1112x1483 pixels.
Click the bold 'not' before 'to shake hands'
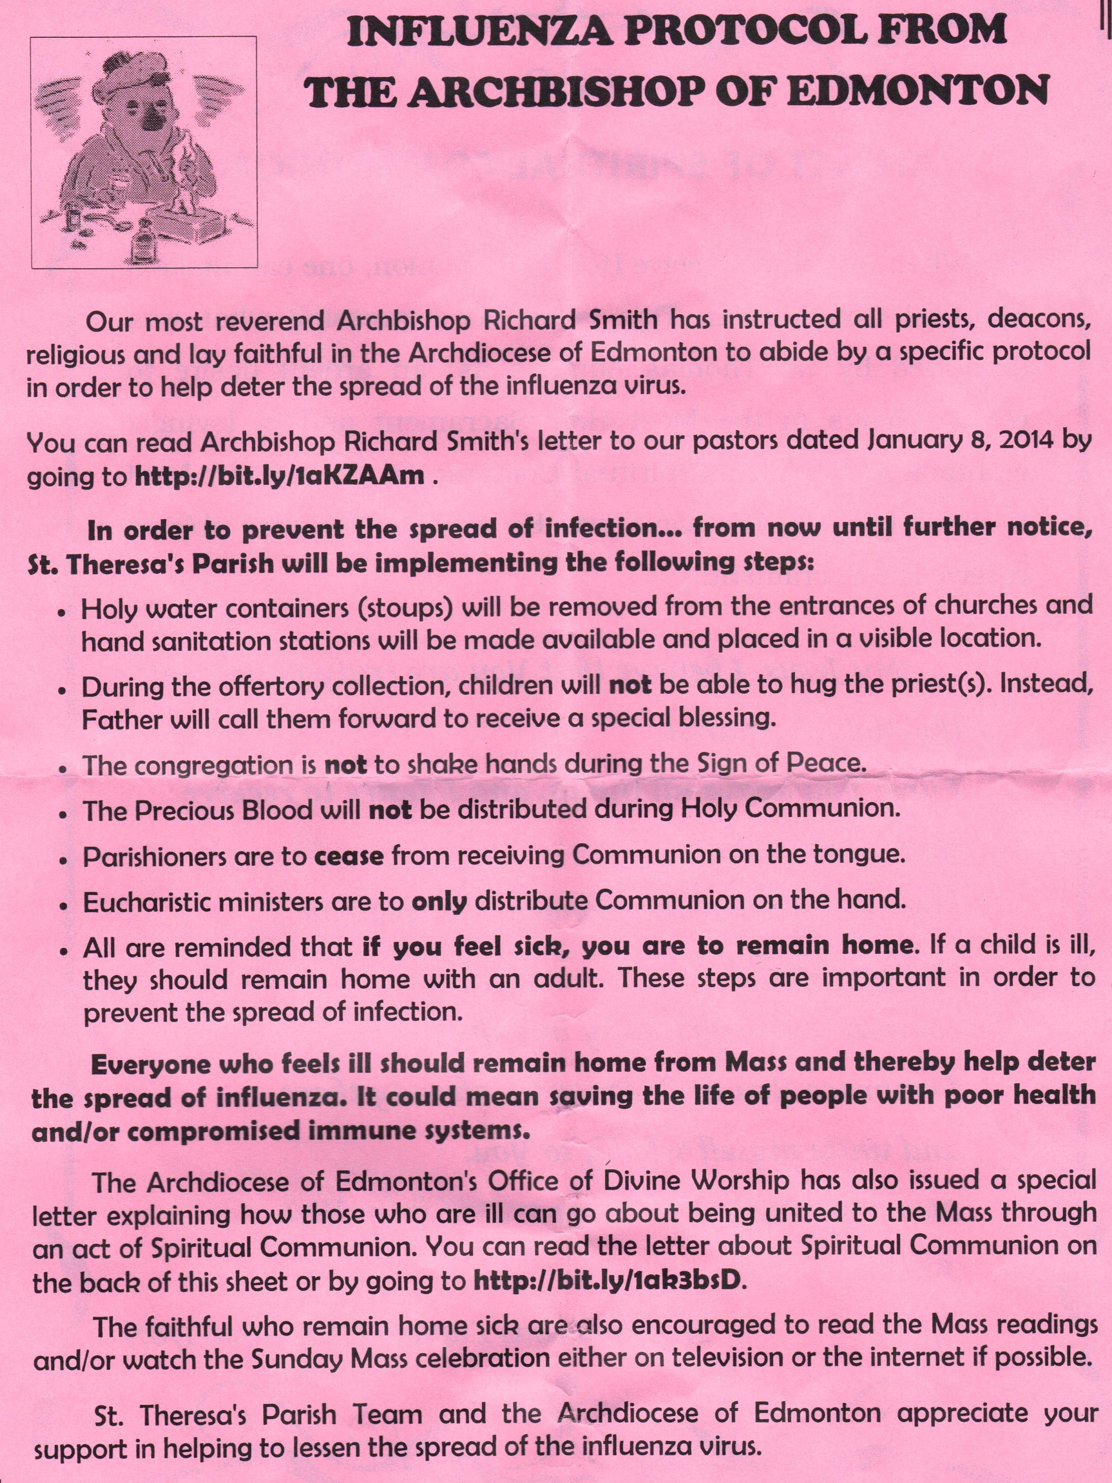345,765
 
